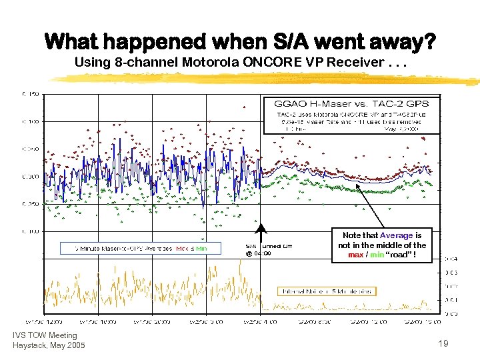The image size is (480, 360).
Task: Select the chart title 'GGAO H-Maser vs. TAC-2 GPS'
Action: point(351,103)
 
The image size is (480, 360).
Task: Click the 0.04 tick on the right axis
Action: point(451,259)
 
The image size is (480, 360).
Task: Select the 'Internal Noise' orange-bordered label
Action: point(326,291)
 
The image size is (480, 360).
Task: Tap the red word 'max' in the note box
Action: point(356,254)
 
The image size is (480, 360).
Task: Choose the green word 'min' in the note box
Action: point(378,254)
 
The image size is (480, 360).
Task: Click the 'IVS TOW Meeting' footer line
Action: point(45,335)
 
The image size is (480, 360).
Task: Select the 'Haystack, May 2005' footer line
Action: point(49,345)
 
